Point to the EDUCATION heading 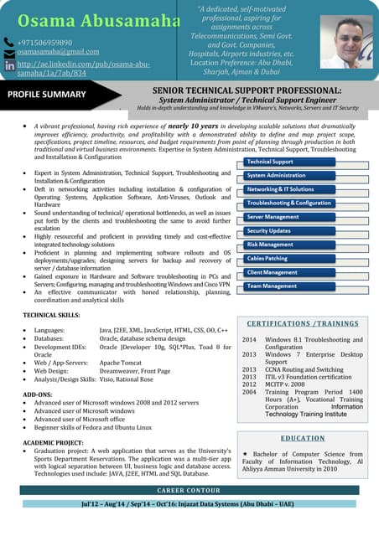pyautogui.click(x=303, y=438)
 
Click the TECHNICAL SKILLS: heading pyautogui.click(x=52, y=315)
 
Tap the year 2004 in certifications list pyautogui.click(x=249, y=391)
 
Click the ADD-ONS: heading pyautogui.click(x=37, y=393)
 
